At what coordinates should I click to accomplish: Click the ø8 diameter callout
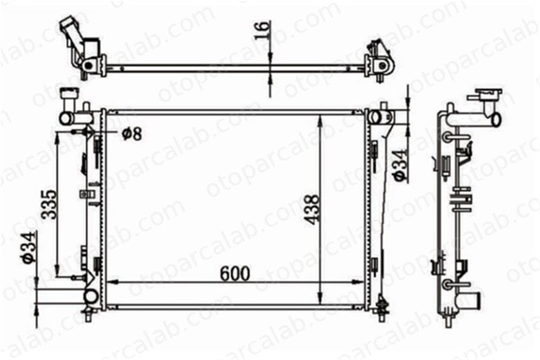[x=131, y=134]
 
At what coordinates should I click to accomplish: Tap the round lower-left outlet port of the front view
[x=91, y=297]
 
